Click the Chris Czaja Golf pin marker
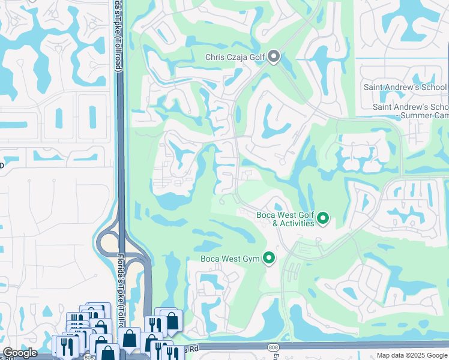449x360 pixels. [x=274, y=56]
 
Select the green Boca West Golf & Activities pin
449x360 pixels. [x=323, y=218]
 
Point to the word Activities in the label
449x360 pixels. [x=293, y=223]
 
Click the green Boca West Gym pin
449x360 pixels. [x=269, y=258]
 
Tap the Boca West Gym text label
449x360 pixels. [x=231, y=259]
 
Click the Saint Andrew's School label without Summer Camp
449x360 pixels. [x=405, y=87]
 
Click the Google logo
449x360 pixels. [x=20, y=353]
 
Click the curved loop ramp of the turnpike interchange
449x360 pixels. [x=105, y=240]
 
